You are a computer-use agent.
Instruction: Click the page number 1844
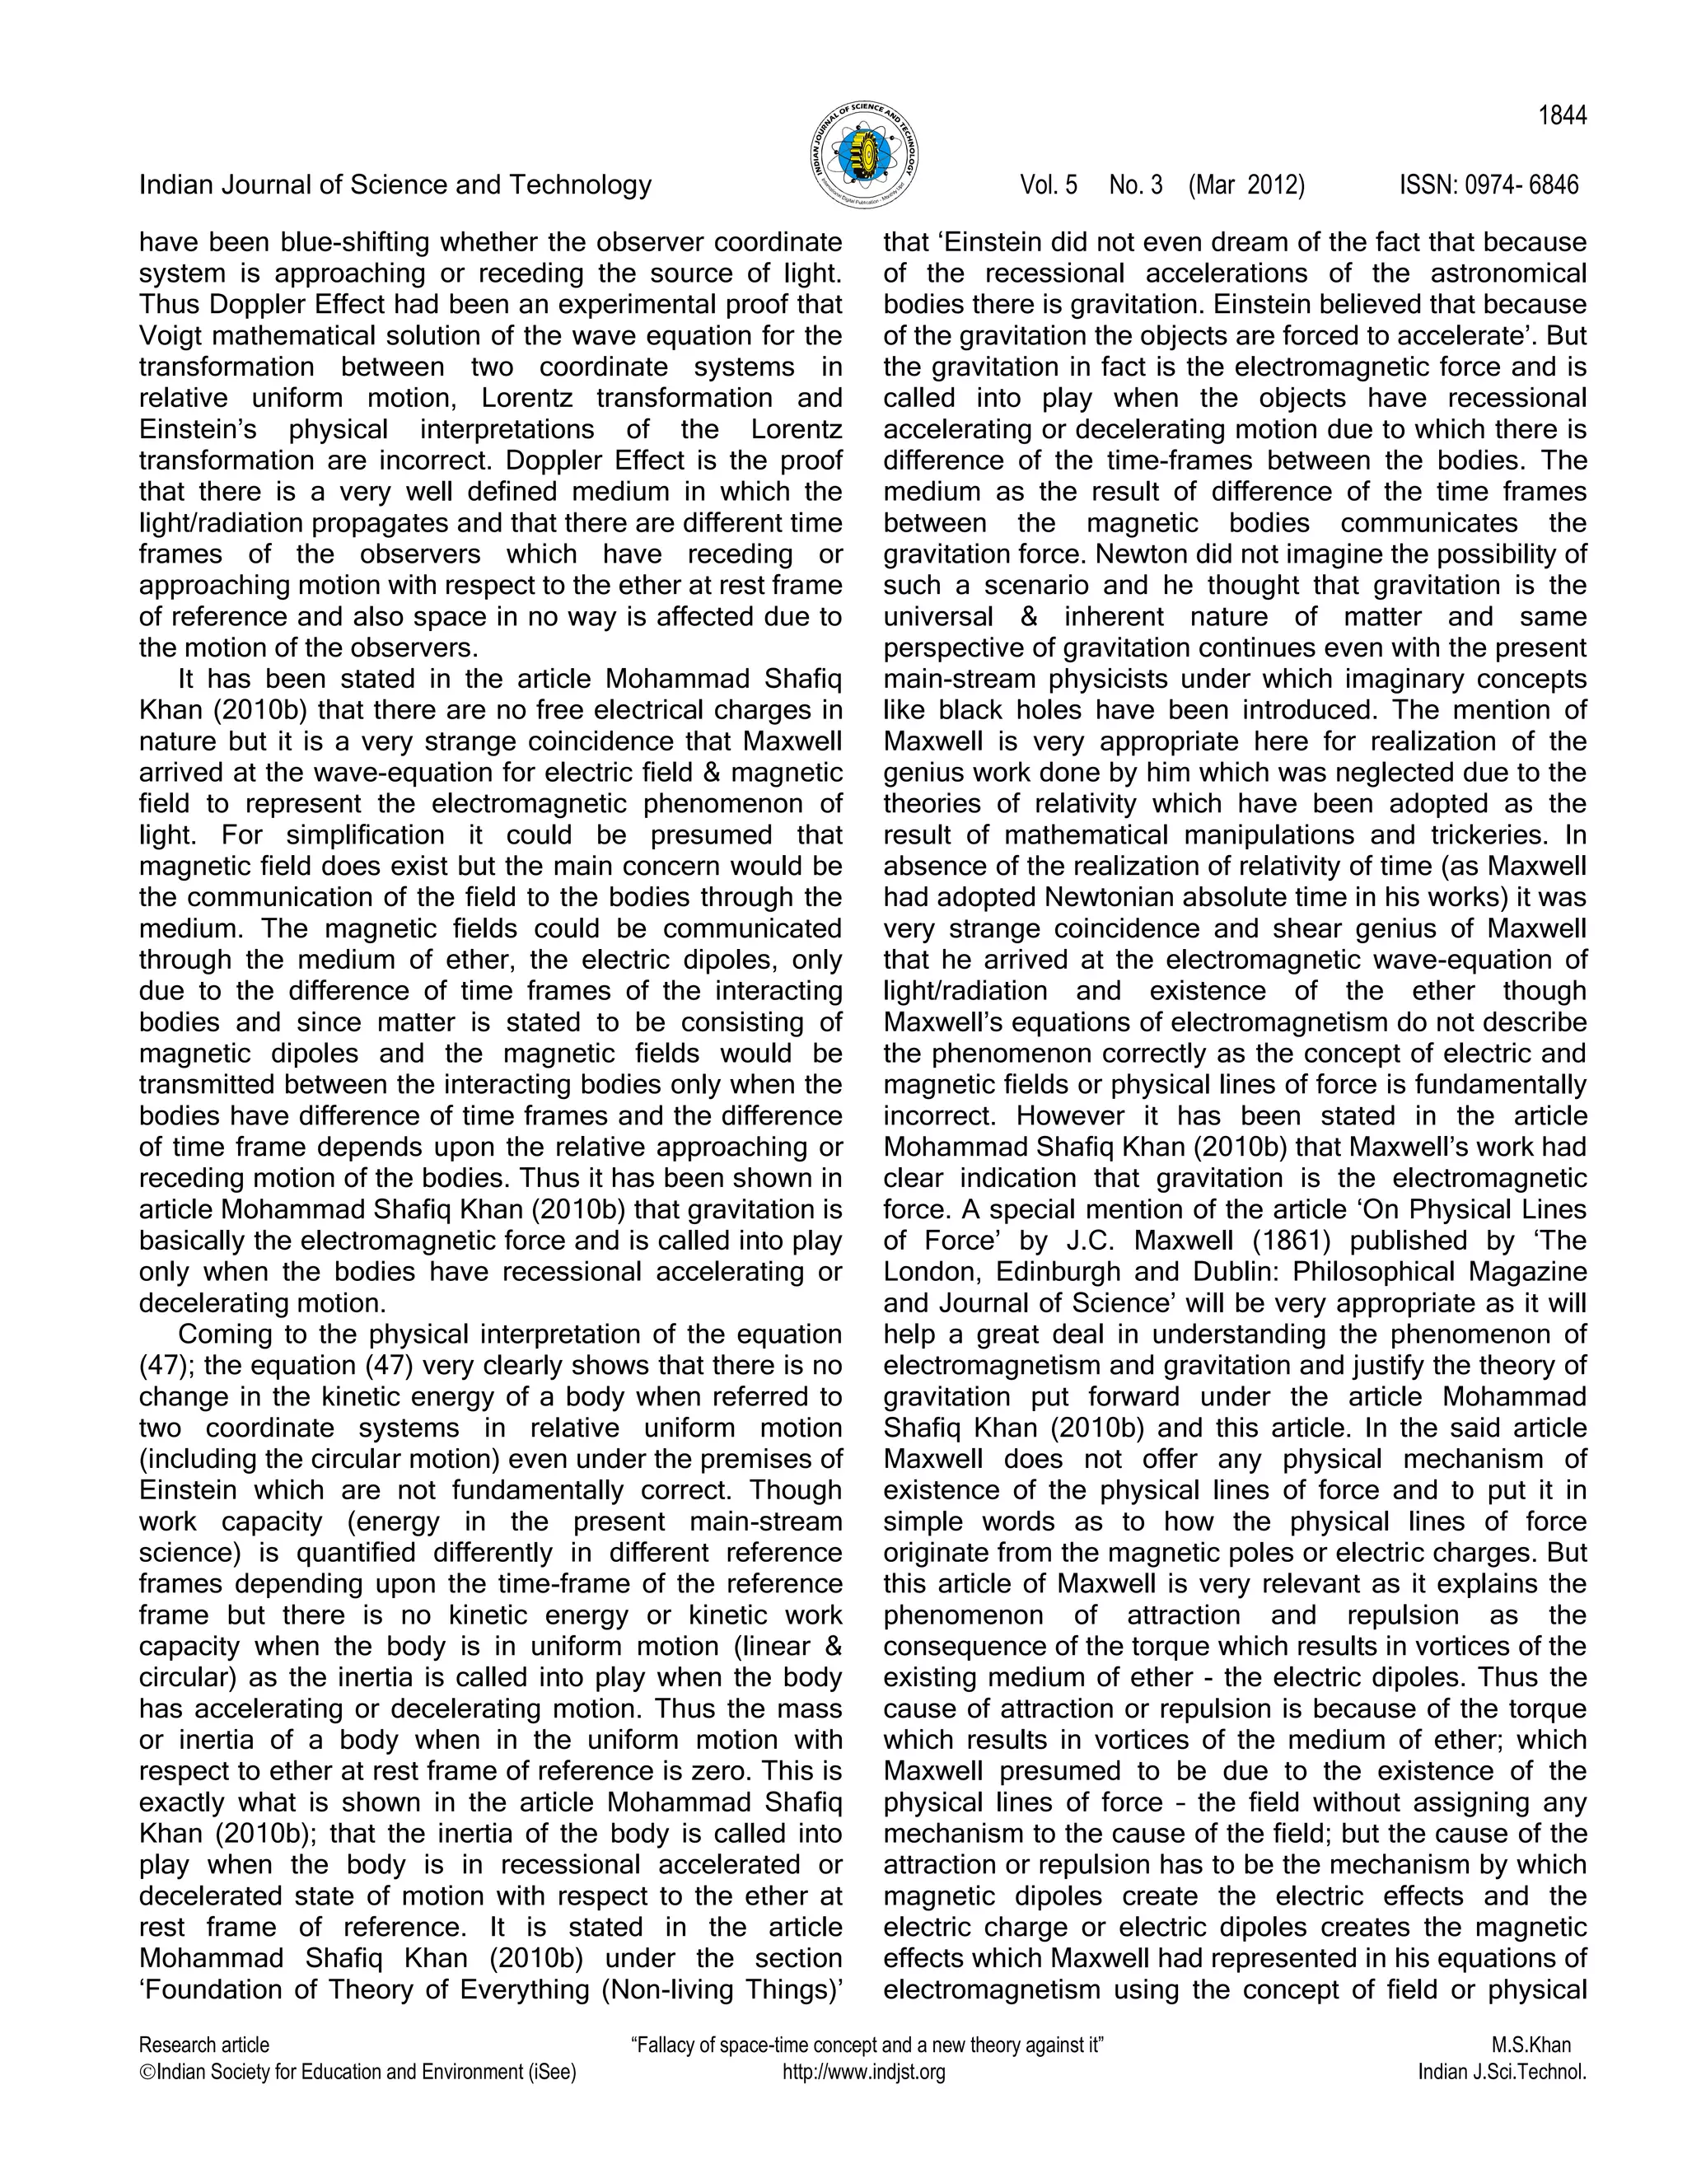point(1561,117)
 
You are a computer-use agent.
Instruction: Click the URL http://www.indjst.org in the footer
point(863,2072)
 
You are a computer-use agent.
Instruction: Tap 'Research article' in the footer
point(204,2045)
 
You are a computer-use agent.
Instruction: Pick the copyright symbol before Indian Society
point(147,2072)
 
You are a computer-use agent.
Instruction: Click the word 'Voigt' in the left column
point(172,334)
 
